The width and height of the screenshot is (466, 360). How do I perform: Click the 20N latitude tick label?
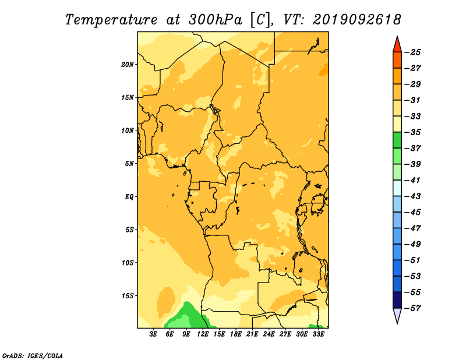(x=128, y=65)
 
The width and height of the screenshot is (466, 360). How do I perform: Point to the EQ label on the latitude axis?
(x=129, y=197)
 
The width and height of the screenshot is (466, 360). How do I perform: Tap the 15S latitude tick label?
(x=128, y=296)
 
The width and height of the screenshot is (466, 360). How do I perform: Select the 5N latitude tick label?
(x=129, y=164)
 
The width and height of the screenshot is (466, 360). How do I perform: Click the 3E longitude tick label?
(x=153, y=334)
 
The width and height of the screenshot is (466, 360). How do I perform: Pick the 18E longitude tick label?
(x=236, y=334)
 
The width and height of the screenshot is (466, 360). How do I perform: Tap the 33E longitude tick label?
(x=318, y=334)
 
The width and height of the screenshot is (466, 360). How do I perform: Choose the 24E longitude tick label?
(x=269, y=334)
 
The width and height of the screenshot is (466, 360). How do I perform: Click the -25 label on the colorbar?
(x=413, y=52)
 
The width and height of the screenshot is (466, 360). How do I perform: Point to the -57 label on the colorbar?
(x=413, y=308)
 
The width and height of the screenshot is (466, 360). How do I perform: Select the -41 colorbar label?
(x=413, y=181)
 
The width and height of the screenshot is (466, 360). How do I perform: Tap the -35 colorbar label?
(x=413, y=132)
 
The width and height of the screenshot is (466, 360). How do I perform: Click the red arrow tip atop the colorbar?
(x=397, y=36)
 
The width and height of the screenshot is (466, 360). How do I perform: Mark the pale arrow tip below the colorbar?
(x=397, y=323)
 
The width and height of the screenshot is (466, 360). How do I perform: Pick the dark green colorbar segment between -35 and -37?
(x=397, y=140)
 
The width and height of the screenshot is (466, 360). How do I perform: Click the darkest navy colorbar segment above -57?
(x=397, y=300)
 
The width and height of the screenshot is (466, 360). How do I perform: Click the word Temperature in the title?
(x=111, y=20)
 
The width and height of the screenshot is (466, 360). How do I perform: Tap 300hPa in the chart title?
(x=215, y=20)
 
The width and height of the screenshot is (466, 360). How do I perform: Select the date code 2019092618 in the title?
(x=357, y=20)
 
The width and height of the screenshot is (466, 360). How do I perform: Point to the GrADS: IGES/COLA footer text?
(x=33, y=356)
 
